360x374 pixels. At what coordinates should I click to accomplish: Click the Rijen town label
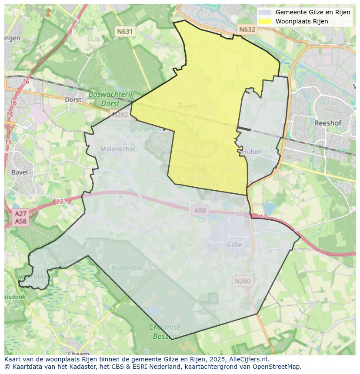tap(187, 106)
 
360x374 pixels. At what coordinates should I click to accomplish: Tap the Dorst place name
tap(73, 99)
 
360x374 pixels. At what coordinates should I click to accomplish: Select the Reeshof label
tap(327, 123)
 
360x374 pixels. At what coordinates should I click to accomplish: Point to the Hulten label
tap(252, 152)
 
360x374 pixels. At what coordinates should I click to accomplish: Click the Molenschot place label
tap(118, 149)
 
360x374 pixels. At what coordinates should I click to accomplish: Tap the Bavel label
tap(20, 172)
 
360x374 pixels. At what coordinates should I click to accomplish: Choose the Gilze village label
tap(234, 245)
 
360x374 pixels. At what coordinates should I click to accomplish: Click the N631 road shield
tap(124, 31)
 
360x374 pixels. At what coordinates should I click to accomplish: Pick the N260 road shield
tap(242, 281)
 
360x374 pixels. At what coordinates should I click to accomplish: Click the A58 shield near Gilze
tap(200, 211)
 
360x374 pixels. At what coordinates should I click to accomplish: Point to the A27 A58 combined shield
tap(20, 218)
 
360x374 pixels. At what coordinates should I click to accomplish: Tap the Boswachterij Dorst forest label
tap(110, 99)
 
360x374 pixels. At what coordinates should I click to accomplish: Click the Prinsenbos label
tap(127, 268)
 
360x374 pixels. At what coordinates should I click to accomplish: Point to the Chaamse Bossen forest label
tap(163, 331)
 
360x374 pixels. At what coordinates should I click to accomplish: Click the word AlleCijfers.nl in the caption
tap(247, 359)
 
